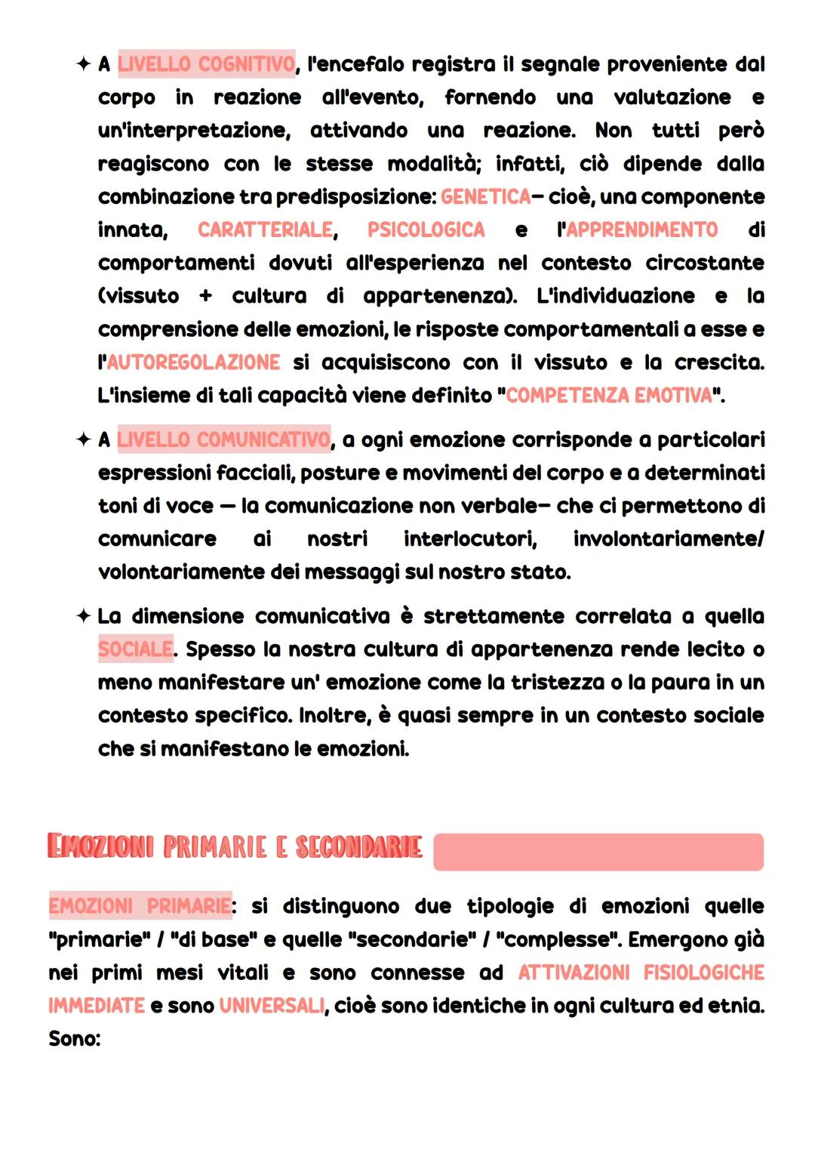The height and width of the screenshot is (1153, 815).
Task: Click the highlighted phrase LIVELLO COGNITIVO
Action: (206, 65)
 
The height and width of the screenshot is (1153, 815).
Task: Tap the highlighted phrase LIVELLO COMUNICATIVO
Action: (223, 439)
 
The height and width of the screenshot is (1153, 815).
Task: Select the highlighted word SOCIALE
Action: (136, 649)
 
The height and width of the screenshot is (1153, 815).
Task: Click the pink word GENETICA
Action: (486, 197)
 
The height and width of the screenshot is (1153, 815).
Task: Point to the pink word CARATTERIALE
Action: (265, 230)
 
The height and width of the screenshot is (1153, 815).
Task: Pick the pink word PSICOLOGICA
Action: (426, 230)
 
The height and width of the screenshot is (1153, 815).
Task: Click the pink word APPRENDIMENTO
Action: (641, 230)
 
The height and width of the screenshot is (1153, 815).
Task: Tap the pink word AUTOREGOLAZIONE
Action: (193, 362)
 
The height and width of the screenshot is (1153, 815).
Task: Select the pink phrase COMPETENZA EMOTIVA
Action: (609, 396)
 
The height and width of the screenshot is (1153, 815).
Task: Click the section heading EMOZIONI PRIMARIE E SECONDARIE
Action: (234, 846)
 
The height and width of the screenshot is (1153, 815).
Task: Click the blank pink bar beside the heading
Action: (598, 852)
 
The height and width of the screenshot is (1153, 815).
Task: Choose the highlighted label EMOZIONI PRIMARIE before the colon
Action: (140, 905)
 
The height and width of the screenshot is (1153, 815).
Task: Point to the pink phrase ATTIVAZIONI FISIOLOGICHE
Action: (641, 973)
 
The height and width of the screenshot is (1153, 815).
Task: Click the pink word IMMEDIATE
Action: (96, 1006)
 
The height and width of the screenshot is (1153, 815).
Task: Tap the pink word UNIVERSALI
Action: (272, 1006)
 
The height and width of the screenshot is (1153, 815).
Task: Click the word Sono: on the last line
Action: (74, 1039)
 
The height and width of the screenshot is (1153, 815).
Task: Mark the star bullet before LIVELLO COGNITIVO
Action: (83, 65)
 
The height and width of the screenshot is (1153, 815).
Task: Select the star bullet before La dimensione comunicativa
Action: (83, 616)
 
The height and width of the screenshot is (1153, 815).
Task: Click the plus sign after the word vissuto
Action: (205, 297)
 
